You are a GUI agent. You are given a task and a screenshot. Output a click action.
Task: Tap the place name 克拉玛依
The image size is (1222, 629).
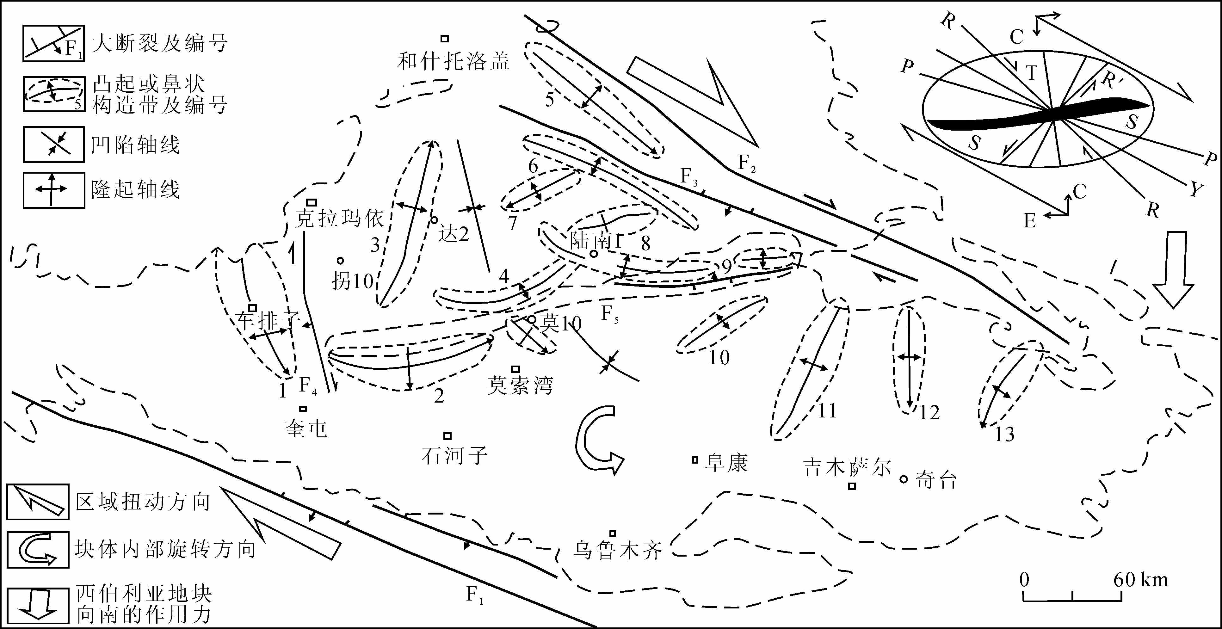pyautogui.click(x=339, y=219)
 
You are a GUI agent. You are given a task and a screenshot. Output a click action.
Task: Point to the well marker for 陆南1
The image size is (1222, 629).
pyautogui.click(x=593, y=254)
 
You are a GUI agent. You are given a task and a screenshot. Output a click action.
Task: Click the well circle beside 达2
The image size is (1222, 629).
pyautogui.click(x=434, y=220)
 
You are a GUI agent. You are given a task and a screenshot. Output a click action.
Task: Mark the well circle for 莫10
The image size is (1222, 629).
pyautogui.click(x=532, y=320)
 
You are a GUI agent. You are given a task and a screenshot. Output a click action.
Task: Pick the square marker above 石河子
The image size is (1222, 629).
pyautogui.click(x=447, y=436)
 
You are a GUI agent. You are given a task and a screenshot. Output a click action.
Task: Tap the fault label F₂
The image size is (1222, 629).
pyautogui.click(x=747, y=164)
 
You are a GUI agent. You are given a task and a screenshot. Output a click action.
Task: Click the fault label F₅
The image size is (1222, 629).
pyautogui.click(x=610, y=314)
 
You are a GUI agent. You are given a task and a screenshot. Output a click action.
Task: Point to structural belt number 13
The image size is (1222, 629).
pyautogui.click(x=1004, y=434)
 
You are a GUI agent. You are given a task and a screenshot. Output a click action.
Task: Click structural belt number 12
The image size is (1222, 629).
pyautogui.click(x=929, y=413)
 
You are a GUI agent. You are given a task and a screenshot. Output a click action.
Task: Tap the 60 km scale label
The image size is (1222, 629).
pyautogui.click(x=1140, y=580)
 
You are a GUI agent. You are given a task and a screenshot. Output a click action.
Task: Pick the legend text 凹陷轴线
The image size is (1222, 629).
pyautogui.click(x=136, y=145)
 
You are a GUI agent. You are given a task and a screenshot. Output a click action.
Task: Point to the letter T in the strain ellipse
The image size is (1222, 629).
pyautogui.click(x=1031, y=73)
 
